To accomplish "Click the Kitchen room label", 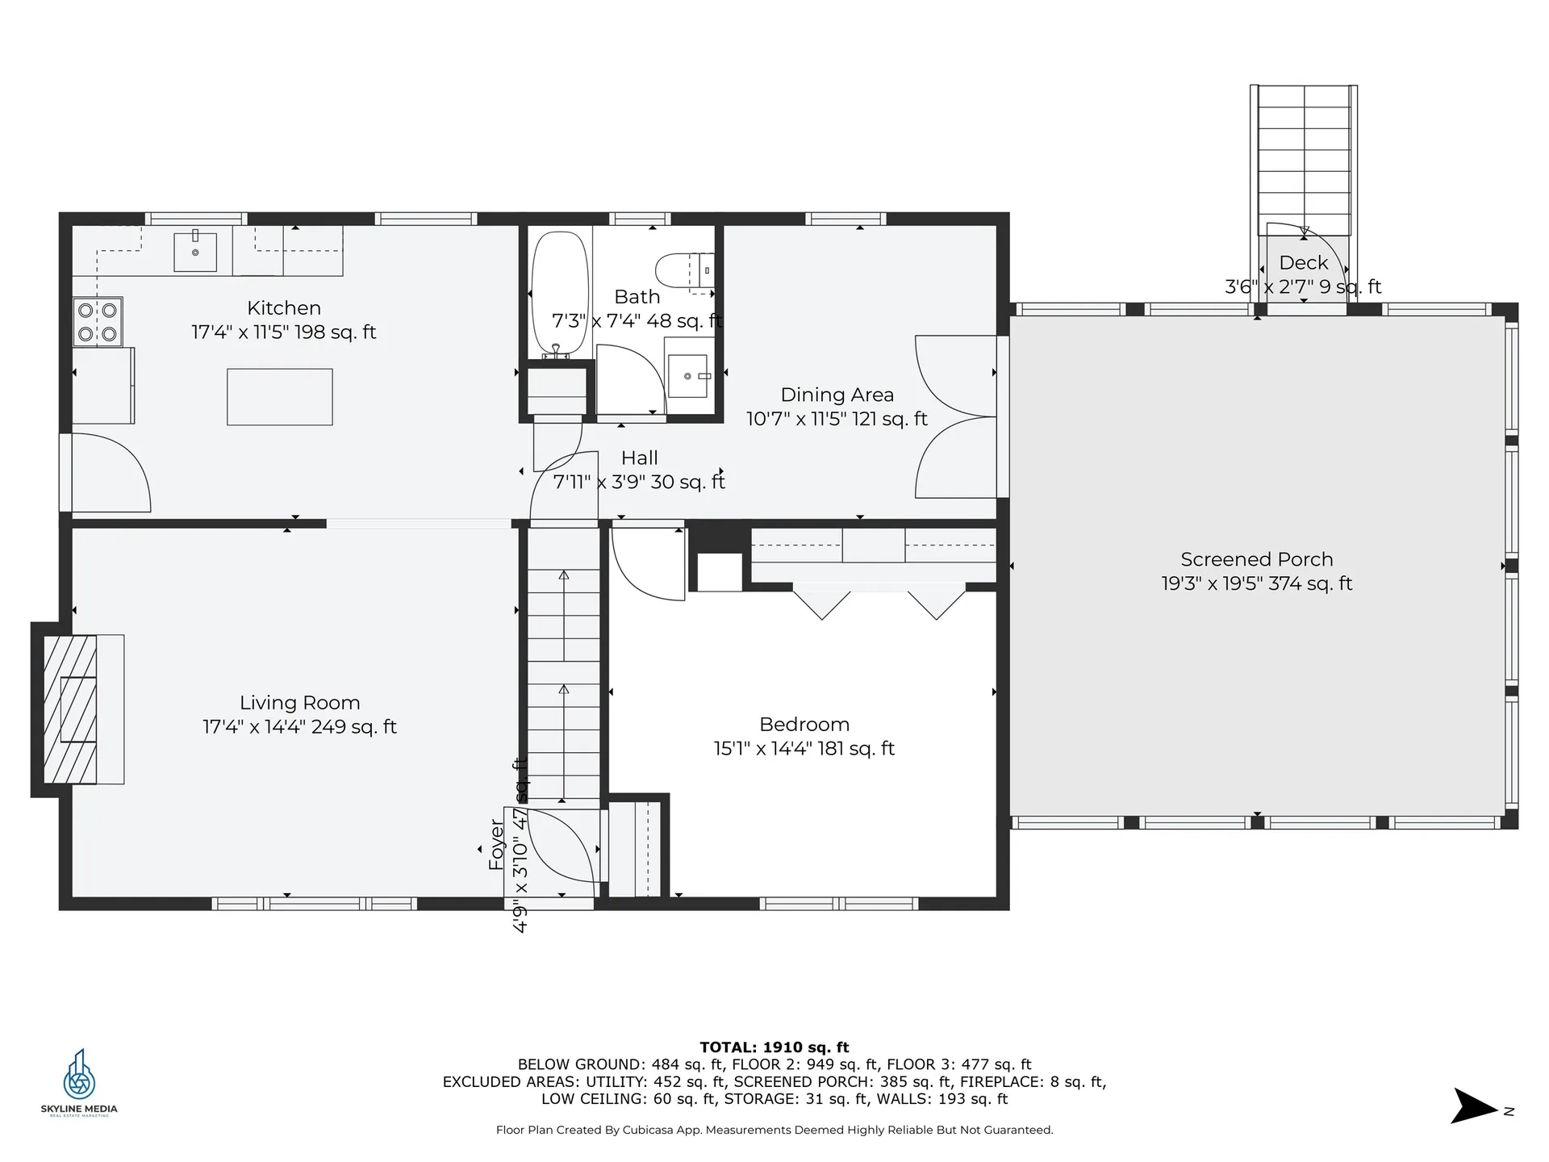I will coord(284,308).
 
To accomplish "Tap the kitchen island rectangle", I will coord(280,396).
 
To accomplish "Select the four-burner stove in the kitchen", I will coord(98,321).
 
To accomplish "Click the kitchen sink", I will coord(195,252).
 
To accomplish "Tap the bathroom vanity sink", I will coord(688,376).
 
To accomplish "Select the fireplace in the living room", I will coord(70,709).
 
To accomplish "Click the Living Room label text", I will coord(299,703).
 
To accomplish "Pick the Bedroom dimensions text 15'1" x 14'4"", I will coord(804,749).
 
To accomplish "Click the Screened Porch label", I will coord(1256,559).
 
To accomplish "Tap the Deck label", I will coord(1303,262).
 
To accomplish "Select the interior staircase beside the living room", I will coord(563,662).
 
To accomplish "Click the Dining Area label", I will coord(837,395).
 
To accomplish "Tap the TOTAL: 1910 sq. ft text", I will coord(774,1047).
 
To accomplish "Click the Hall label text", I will coord(639,458).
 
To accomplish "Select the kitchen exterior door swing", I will coord(109,473).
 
